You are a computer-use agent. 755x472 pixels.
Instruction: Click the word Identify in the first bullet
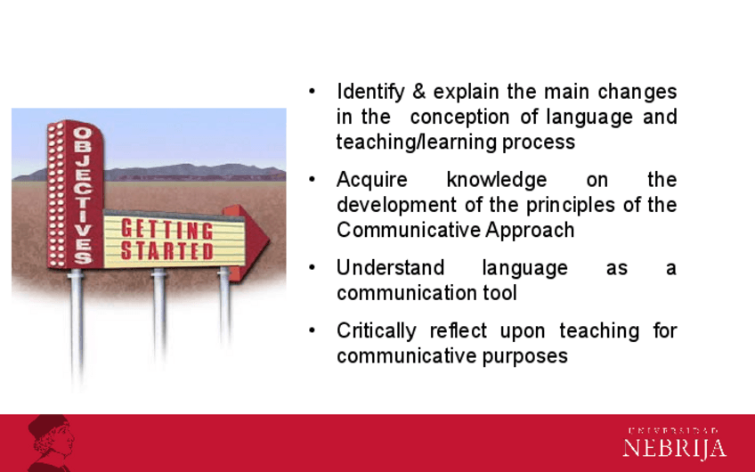click(x=370, y=92)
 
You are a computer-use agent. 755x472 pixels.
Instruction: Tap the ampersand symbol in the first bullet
click(x=419, y=91)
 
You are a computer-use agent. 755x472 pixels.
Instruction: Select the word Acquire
click(x=372, y=180)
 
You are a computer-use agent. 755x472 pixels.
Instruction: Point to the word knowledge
click(x=497, y=180)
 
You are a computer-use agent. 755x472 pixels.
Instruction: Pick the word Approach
click(x=530, y=231)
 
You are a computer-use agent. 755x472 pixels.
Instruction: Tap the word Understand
click(x=390, y=268)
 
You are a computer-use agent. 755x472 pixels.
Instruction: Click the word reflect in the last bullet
click(x=458, y=331)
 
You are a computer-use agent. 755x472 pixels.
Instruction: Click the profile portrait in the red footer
click(x=51, y=444)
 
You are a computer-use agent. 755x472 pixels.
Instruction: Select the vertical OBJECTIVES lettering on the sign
click(x=82, y=195)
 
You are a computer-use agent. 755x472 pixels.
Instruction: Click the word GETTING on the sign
click(x=166, y=229)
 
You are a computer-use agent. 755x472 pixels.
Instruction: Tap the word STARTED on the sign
click(x=166, y=250)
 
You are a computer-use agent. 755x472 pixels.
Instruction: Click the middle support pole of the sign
click(x=158, y=313)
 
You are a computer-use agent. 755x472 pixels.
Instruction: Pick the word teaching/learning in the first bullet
click(x=416, y=142)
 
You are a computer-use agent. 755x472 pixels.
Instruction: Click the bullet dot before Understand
click(x=312, y=267)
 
